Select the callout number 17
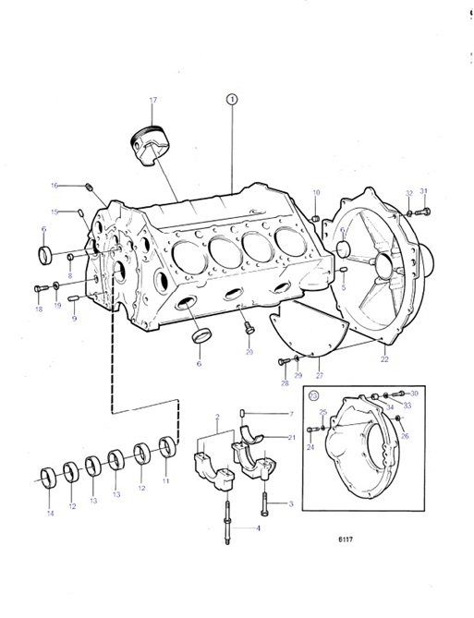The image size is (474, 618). tap(153, 101)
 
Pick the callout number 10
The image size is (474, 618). tap(315, 192)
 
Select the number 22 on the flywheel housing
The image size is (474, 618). tap(384, 359)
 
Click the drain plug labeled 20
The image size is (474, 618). tap(248, 328)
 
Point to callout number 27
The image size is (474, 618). tap(319, 375)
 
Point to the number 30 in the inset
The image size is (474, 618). tap(415, 394)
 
